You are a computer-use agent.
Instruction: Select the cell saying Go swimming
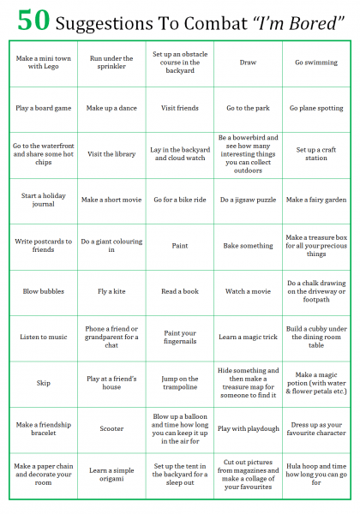coord(316,63)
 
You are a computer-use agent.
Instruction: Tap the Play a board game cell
coord(43,108)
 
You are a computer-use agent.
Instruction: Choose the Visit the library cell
coord(111,154)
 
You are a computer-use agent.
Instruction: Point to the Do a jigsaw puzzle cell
coord(248,200)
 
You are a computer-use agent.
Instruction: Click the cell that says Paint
coord(180,246)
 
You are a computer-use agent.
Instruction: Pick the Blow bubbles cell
coord(43,291)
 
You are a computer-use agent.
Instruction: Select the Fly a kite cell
coord(111,291)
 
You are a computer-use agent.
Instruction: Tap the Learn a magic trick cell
coord(248,337)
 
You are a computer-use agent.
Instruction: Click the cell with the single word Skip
coord(43,382)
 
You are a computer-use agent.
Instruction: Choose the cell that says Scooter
coord(111,428)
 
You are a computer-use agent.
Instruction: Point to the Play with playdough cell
coord(248,428)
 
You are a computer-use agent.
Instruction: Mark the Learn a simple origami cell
coord(111,474)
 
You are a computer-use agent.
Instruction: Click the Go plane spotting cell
coord(316,108)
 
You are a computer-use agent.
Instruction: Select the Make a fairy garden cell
coord(316,200)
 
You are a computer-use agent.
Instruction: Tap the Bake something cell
coord(248,246)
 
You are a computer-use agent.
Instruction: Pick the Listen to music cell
coord(43,337)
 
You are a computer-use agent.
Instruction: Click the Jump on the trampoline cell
coord(180,382)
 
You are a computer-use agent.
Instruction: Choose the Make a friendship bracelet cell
coord(43,428)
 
